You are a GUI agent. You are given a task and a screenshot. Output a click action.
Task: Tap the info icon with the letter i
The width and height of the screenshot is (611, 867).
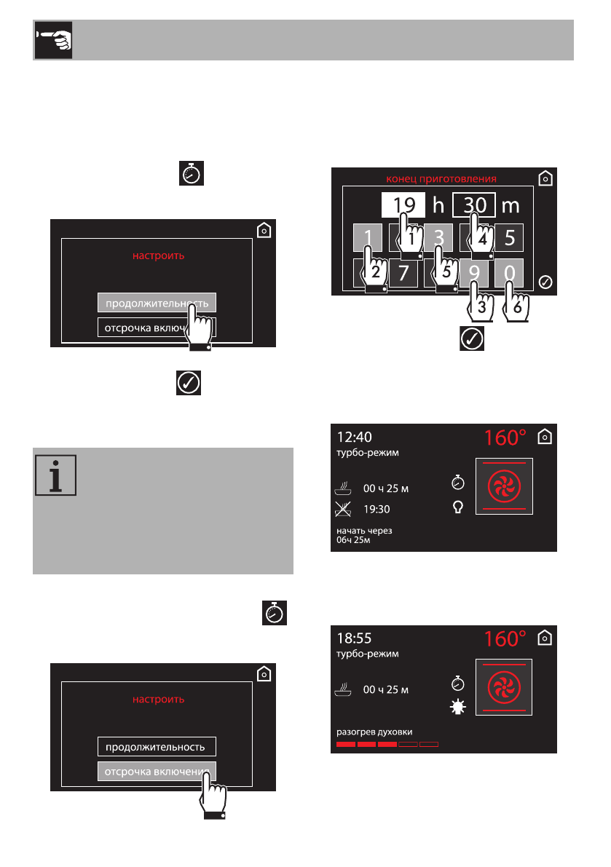54,476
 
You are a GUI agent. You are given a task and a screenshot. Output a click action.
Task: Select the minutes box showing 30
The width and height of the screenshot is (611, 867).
474,205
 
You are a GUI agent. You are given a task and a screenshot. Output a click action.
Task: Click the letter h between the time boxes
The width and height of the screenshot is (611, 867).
438,205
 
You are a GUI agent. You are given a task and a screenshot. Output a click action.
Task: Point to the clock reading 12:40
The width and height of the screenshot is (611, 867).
355,438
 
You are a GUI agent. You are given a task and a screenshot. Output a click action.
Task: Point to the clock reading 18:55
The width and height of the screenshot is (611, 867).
355,638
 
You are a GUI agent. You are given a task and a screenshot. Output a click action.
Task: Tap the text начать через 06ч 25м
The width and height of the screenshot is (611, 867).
364,535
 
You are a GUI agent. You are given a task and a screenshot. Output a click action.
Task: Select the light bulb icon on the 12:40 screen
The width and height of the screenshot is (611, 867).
458,507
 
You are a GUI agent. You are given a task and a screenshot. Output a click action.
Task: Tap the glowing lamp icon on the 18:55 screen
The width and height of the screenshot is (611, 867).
458,706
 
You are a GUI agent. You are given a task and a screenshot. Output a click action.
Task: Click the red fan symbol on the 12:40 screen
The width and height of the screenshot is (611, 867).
503,487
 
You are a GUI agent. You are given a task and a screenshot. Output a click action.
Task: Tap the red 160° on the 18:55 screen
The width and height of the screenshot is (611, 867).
505,639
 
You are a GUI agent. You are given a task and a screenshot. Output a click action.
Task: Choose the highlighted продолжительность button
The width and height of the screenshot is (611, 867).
157,303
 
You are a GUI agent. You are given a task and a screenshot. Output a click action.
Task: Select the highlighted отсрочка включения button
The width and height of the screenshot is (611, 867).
157,770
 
